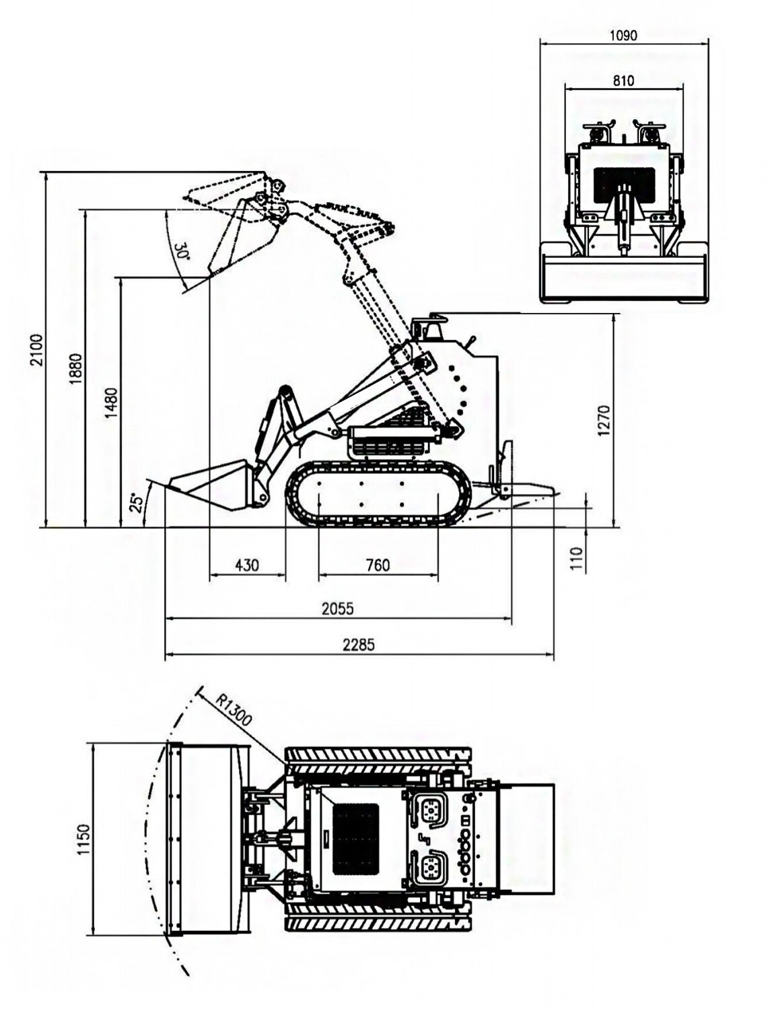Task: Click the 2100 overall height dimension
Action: click(x=37, y=349)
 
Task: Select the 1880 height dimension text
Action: click(x=75, y=369)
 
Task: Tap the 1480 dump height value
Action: click(x=112, y=403)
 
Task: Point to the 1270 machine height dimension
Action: click(x=604, y=420)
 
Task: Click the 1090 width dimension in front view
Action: click(x=623, y=35)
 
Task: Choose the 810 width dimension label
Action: click(x=623, y=80)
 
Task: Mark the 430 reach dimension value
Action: click(x=247, y=565)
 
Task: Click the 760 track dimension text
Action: click(x=378, y=565)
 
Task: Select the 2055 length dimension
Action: click(x=337, y=608)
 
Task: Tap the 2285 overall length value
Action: click(x=359, y=644)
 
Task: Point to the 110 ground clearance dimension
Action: click(x=577, y=559)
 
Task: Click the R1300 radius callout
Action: click(x=234, y=709)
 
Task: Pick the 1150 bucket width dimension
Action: click(x=83, y=839)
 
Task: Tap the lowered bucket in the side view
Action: click(x=209, y=483)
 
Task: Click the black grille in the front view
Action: click(x=623, y=186)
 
